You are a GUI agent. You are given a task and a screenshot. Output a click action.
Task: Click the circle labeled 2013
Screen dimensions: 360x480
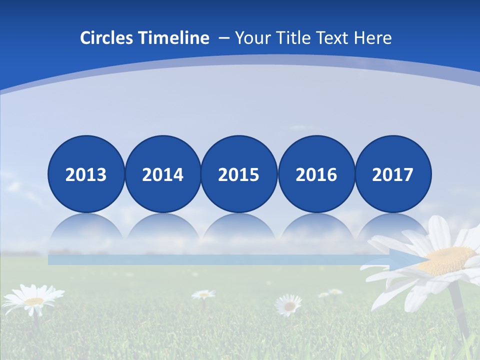86,174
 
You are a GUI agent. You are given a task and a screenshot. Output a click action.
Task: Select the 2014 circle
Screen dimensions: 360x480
163,174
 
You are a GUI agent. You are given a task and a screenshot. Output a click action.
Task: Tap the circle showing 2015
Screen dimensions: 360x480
239,174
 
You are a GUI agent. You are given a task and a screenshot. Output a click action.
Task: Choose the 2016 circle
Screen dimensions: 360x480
316,174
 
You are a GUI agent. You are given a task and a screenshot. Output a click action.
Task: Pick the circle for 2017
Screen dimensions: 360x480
393,174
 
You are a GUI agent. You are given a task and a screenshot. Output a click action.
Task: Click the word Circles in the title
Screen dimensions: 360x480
105,38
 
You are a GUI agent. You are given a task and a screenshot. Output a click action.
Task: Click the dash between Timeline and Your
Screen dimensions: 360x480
224,38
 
